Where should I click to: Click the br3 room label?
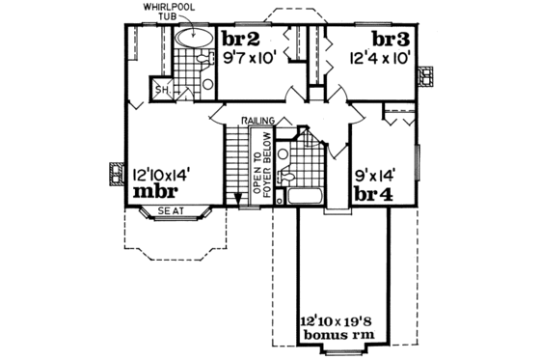click(x=389, y=40)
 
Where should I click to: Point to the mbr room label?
click(x=153, y=192)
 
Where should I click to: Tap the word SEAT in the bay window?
click(x=170, y=212)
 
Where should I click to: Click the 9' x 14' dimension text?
click(x=376, y=175)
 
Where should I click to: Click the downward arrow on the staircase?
click(x=236, y=196)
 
